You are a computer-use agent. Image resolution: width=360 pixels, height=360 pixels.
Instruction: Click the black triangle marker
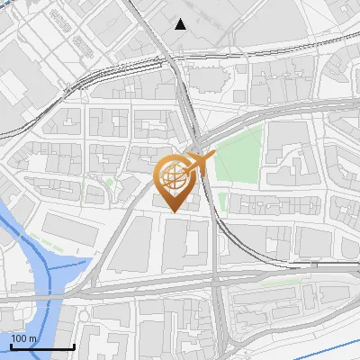[181, 24]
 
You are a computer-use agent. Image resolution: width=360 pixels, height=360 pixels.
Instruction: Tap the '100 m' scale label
[24, 338]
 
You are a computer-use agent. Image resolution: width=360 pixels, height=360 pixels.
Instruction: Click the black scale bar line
[41, 346]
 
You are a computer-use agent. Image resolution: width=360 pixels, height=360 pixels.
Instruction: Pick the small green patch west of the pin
[109, 183]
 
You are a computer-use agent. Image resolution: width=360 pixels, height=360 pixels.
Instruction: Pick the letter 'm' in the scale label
[32, 338]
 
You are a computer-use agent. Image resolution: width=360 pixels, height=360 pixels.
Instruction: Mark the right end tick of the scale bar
[74, 345]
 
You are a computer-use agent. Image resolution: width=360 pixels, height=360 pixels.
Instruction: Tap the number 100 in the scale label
[19, 338]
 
